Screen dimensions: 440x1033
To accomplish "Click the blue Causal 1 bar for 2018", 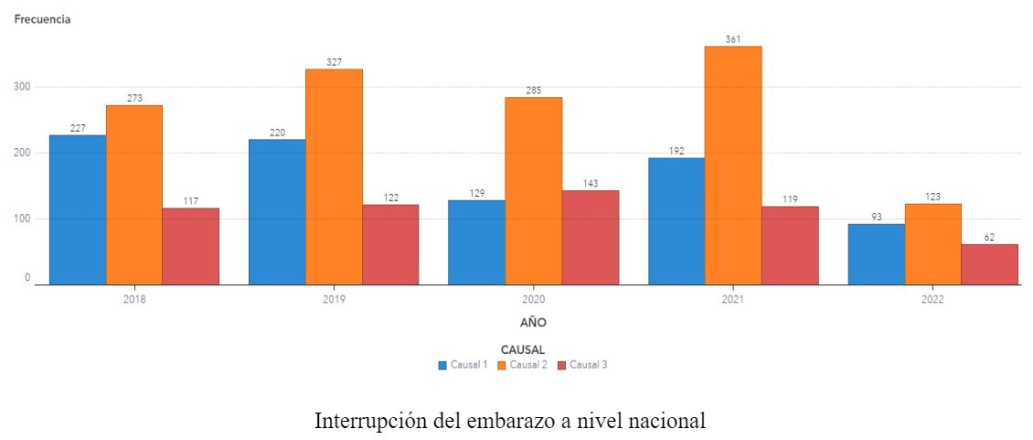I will [78, 209].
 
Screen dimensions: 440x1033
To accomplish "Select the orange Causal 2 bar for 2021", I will [733, 166].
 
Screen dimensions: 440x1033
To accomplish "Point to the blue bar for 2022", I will [876, 254].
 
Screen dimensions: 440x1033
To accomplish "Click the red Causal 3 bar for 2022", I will [989, 264].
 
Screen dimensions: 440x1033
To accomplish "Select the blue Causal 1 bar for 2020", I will [476, 242].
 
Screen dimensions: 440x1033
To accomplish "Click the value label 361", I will [733, 39].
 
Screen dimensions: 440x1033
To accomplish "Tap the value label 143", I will [591, 183].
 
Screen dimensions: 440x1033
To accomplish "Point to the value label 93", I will [876, 217].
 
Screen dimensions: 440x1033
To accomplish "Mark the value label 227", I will [78, 128].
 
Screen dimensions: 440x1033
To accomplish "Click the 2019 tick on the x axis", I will [334, 299].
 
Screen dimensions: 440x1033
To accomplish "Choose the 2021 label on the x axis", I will [733, 299].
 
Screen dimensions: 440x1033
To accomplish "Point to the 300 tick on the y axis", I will [21, 87].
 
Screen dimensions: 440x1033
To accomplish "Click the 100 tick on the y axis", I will [21, 219].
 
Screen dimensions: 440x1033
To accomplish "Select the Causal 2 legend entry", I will [524, 364].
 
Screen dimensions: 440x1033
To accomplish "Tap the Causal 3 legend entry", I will [582, 364].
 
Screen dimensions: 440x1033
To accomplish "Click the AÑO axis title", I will [534, 322].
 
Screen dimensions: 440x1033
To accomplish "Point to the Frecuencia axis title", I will [42, 19].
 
